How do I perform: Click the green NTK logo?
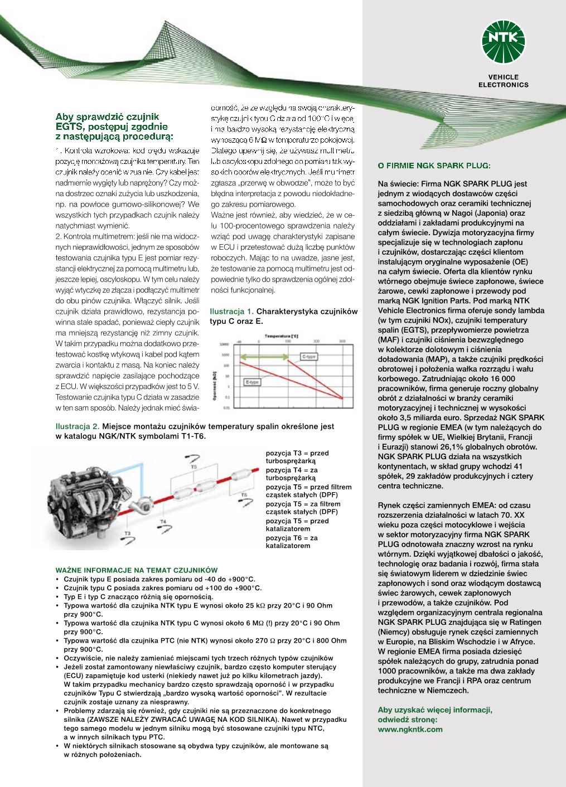point(504,40)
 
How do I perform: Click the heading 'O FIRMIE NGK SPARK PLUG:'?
point(434,165)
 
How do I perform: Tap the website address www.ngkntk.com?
point(410,728)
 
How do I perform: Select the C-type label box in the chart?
point(309,356)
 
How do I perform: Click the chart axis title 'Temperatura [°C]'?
point(281,336)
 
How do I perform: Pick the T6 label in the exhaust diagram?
point(243,494)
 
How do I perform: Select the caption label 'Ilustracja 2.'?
point(78,426)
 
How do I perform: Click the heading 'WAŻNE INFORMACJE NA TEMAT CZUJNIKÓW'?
point(137,570)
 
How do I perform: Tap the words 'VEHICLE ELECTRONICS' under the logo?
point(503,81)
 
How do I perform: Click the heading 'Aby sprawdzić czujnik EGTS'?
point(114,126)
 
